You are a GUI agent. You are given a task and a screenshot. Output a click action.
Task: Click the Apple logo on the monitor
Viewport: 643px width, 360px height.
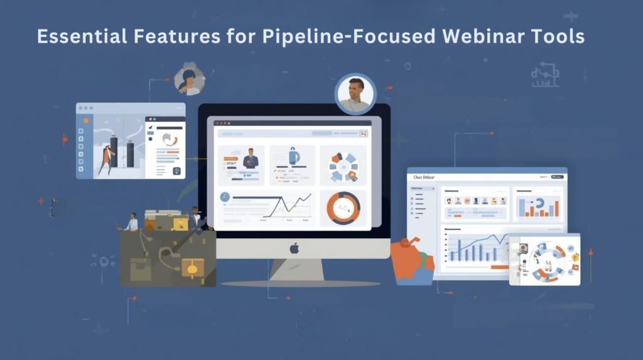(x=294, y=249)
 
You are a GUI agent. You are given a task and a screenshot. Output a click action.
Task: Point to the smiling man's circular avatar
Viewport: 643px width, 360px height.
(x=355, y=94)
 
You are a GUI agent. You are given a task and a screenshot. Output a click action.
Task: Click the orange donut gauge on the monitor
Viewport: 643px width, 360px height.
(x=343, y=208)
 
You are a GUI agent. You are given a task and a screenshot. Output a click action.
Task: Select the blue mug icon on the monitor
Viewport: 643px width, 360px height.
(x=293, y=157)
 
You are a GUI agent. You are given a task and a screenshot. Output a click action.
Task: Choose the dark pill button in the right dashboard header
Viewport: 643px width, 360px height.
(x=556, y=177)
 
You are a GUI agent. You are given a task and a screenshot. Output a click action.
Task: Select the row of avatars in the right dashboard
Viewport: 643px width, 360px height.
(x=476, y=201)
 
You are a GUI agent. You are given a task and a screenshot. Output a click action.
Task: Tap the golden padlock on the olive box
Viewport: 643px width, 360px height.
(x=192, y=268)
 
